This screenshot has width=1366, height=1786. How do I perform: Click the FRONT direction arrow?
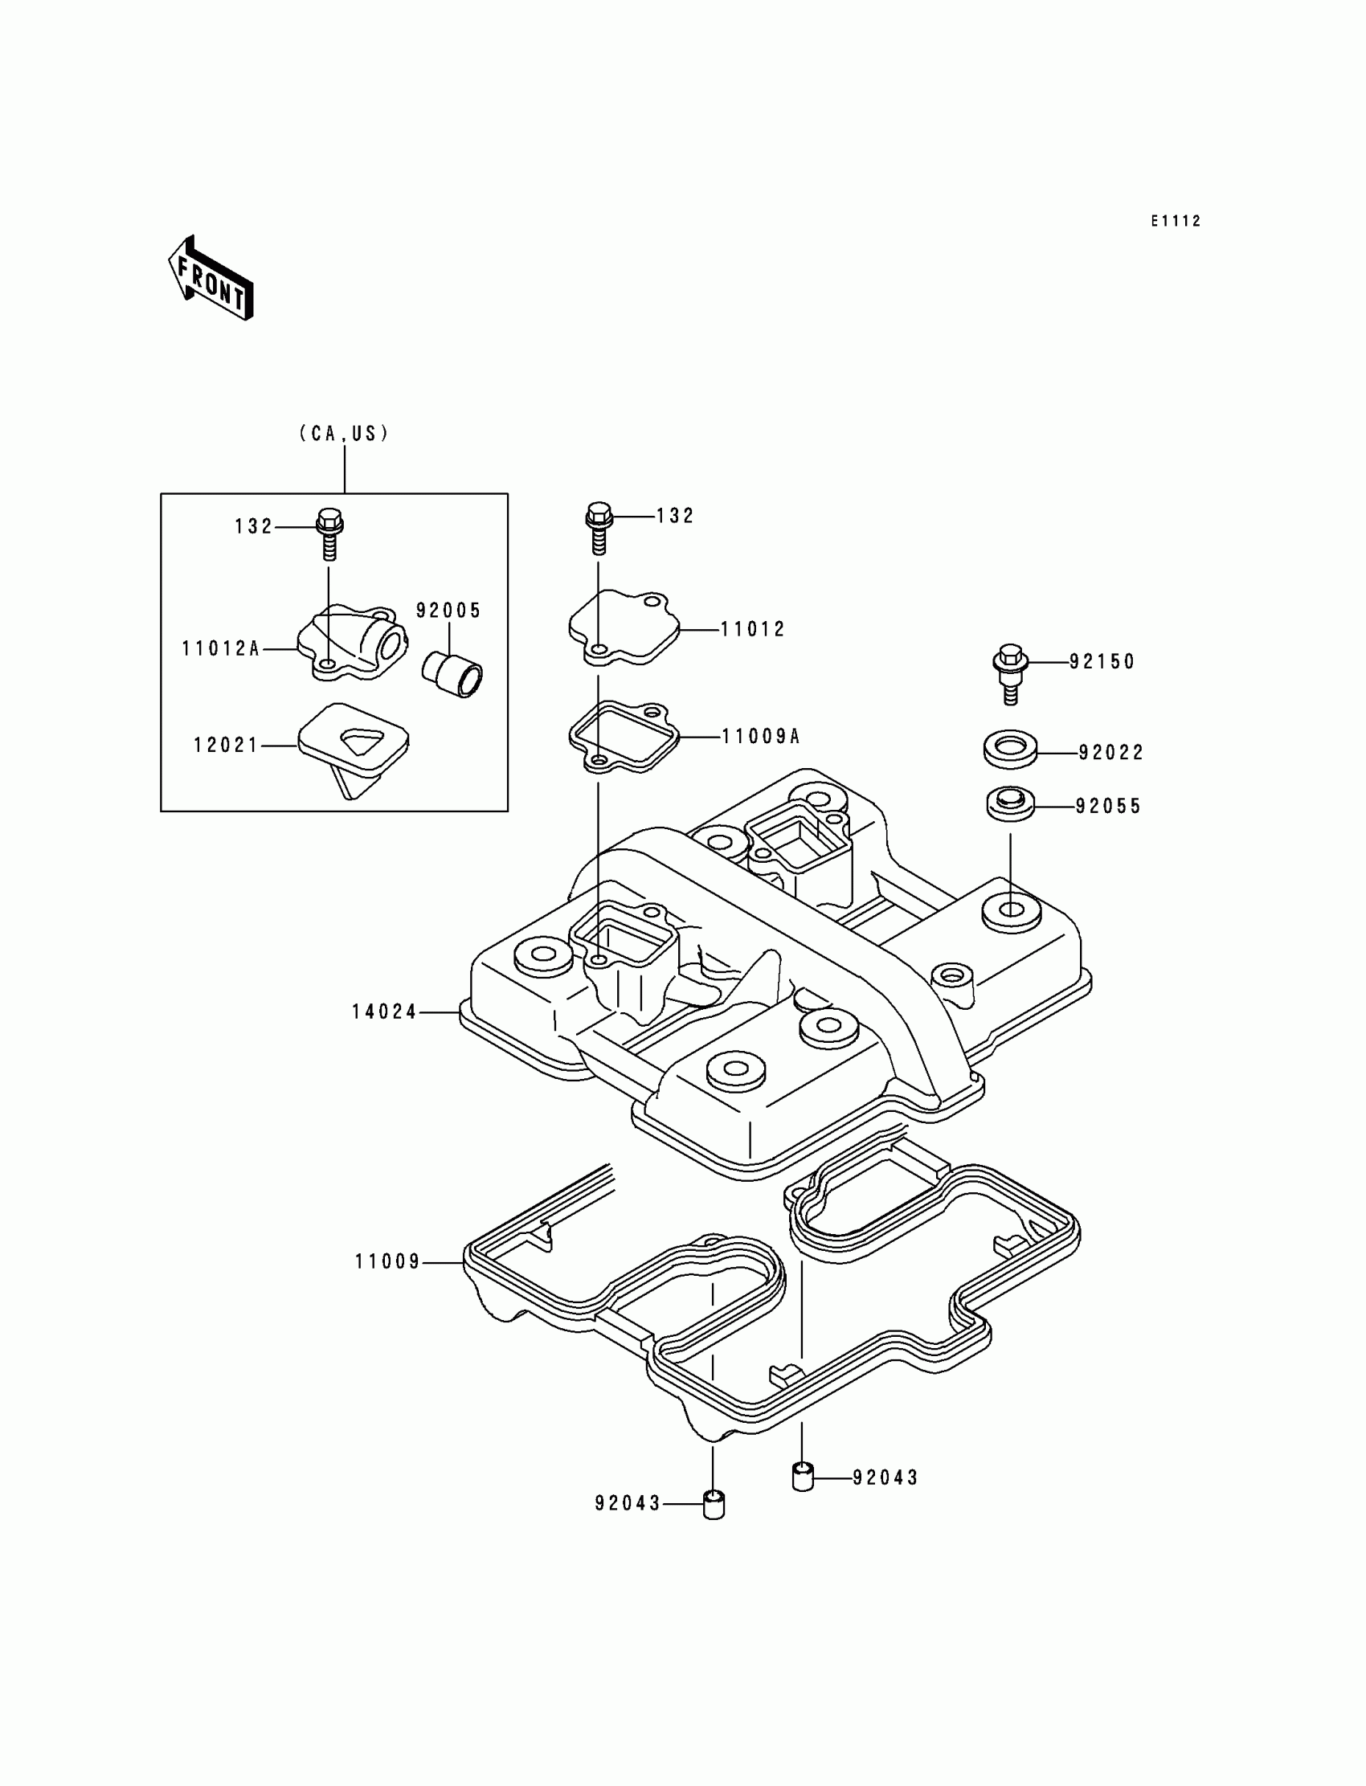click(211, 278)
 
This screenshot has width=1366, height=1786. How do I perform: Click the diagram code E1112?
click(1175, 221)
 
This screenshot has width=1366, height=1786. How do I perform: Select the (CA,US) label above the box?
click(344, 433)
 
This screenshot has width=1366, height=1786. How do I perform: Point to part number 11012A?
click(219, 648)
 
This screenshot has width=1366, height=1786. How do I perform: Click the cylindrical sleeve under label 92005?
click(452, 674)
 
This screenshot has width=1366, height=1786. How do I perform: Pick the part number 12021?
click(225, 746)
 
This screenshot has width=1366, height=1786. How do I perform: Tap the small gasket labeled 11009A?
click(624, 738)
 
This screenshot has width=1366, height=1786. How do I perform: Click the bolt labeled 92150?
click(1011, 672)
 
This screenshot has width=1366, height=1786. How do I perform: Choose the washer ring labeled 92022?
click(1011, 749)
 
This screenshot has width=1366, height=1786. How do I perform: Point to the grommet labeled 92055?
click(1011, 804)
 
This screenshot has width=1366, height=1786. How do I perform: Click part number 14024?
click(384, 1012)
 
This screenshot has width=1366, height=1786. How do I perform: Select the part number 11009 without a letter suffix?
click(387, 1262)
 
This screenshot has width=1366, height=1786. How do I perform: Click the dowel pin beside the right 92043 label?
click(803, 1476)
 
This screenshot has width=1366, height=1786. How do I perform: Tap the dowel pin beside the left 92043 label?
click(713, 1505)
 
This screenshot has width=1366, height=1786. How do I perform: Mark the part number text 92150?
click(1102, 663)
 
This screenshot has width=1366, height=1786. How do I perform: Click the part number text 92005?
click(449, 611)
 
